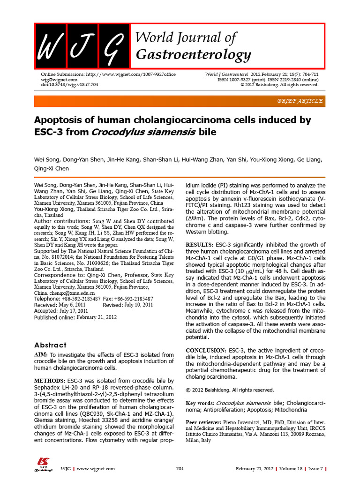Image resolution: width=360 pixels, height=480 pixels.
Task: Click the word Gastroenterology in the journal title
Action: tap(193, 55)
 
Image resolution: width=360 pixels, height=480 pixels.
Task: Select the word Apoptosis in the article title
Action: tap(60, 120)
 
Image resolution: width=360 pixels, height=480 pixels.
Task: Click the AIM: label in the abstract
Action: tap(41, 355)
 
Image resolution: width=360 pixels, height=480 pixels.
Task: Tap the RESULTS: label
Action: tap(199, 245)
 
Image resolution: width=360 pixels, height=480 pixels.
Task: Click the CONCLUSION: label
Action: tap(206, 350)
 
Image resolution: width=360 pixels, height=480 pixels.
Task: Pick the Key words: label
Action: tap(200, 403)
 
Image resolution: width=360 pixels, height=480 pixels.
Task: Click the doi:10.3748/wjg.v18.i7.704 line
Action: tap(66, 85)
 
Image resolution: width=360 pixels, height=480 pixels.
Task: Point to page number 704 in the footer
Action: tap(180, 469)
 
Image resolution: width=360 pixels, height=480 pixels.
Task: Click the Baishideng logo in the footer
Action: tap(43, 466)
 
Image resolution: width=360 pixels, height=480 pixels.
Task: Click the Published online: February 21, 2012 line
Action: tap(75, 317)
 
